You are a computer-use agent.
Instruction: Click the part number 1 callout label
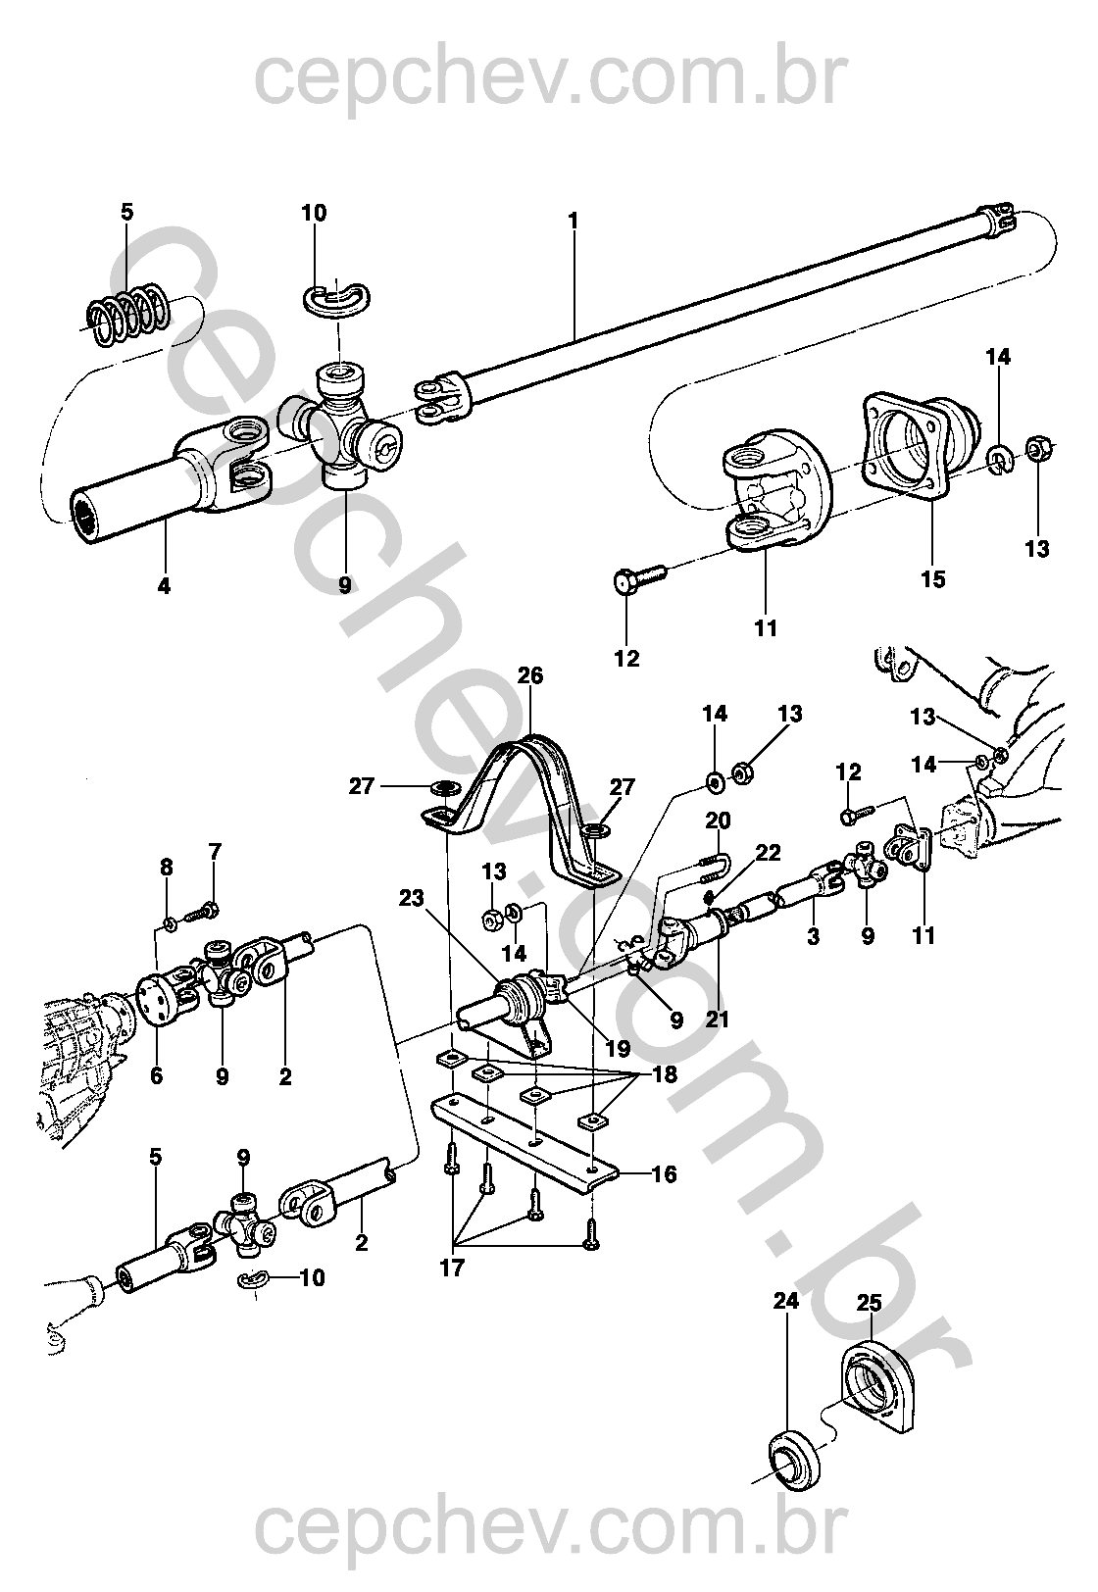tap(573, 221)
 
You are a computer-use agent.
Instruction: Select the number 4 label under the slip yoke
tap(164, 586)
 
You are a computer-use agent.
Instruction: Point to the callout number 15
tap(934, 579)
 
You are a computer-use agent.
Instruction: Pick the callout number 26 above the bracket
tap(530, 675)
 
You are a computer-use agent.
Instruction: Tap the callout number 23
tap(411, 898)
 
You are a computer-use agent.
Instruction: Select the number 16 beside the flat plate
tap(664, 1174)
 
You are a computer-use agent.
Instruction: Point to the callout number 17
tap(451, 1268)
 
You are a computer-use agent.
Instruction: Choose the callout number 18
tap(665, 1074)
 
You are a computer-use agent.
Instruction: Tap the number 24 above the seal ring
tap(786, 1301)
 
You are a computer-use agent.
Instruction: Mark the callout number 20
tap(718, 821)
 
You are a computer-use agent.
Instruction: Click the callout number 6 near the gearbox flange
tap(156, 1076)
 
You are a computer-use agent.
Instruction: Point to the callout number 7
tap(215, 852)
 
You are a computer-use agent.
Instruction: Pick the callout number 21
tap(718, 1020)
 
